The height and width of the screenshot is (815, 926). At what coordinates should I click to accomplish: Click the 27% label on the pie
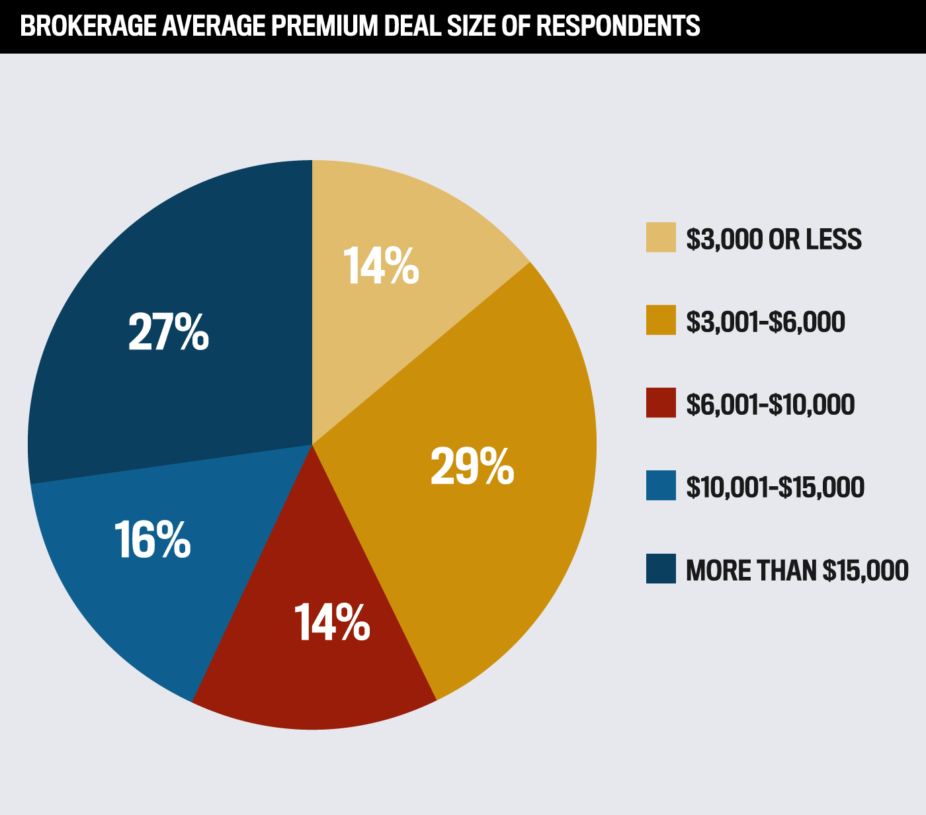coord(169,332)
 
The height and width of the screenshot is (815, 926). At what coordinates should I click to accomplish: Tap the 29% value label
coord(472,467)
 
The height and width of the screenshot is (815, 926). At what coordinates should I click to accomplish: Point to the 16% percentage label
coord(152,540)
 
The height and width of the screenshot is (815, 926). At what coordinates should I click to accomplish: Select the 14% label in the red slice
coord(331,622)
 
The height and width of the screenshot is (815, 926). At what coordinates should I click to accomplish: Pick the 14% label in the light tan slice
coord(381,267)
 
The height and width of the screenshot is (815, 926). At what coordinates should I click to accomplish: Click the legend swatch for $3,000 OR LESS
coord(661,237)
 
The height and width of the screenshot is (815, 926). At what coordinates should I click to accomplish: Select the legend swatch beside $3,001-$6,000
coord(661,320)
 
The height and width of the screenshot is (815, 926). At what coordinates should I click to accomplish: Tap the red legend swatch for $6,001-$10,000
coord(661,403)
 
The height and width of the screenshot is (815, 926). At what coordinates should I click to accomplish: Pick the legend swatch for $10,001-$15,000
coord(661,486)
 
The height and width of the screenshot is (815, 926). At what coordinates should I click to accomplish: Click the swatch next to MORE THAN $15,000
coord(661,569)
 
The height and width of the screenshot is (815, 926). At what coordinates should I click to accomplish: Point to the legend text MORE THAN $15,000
coord(797,570)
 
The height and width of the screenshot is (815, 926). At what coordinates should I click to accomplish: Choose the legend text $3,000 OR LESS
coord(774,239)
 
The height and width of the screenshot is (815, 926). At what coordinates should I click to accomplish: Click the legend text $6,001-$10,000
coord(771,404)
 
